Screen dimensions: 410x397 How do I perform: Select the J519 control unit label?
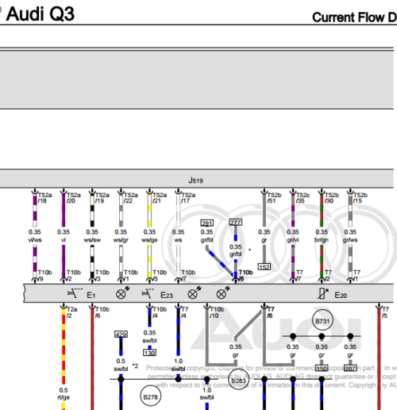pyautogui.click(x=196, y=181)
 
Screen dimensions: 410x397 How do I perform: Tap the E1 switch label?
pyautogui.click(x=91, y=295)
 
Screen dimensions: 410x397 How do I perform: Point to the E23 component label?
pyautogui.click(x=167, y=295)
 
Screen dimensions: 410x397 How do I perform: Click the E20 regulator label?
pyautogui.click(x=341, y=295)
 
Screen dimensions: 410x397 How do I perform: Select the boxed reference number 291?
pyautogui.click(x=206, y=223)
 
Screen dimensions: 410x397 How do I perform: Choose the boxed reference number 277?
pyautogui.click(x=236, y=223)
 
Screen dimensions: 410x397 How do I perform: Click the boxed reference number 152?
pyautogui.click(x=264, y=266)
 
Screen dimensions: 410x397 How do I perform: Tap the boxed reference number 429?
pyautogui.click(x=121, y=335)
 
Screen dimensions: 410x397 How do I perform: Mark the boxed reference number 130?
pyautogui.click(x=149, y=352)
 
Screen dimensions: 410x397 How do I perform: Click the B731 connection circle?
pyautogui.click(x=322, y=321)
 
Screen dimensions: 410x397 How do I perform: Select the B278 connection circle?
pyautogui.click(x=150, y=394)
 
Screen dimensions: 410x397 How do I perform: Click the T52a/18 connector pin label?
pyautogui.click(x=44, y=198)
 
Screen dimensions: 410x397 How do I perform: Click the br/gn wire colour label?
pyautogui.click(x=322, y=239)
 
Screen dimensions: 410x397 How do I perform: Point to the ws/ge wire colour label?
pyautogui.click(x=149, y=239)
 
